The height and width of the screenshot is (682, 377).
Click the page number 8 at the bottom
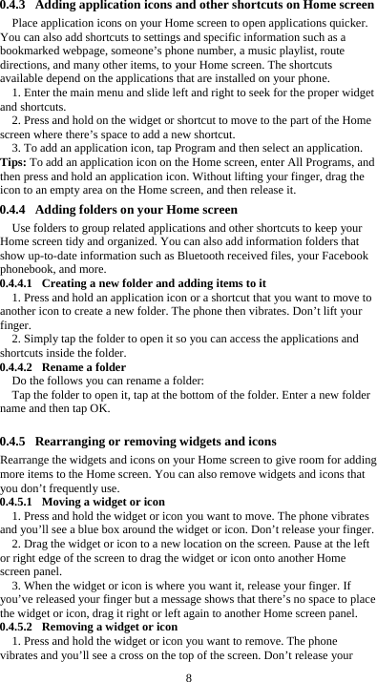click(189, 676)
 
